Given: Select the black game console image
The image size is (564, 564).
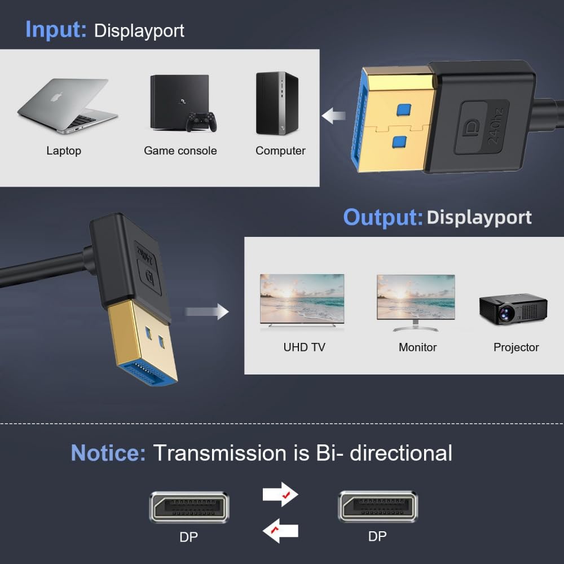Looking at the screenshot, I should (x=178, y=102).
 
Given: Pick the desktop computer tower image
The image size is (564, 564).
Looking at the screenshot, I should (x=277, y=103).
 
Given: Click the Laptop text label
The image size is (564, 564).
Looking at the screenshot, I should (x=64, y=151).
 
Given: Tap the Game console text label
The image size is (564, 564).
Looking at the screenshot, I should (x=180, y=151).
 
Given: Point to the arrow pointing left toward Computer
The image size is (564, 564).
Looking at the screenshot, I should (x=334, y=116).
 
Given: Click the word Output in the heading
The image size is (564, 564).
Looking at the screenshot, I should (x=382, y=217).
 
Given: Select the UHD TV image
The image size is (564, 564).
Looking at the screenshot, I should (x=302, y=299).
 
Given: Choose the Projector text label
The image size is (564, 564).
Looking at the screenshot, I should (x=516, y=347).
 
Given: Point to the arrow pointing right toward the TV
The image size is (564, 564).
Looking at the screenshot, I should (x=207, y=311).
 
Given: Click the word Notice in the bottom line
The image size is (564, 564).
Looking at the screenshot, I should (x=108, y=453).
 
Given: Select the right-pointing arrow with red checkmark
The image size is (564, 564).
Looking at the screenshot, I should (x=280, y=495).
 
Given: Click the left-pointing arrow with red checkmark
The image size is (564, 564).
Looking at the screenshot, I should (x=280, y=531).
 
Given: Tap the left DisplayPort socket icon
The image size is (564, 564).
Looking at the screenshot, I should (x=189, y=506).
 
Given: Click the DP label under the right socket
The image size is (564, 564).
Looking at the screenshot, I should (x=377, y=536).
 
